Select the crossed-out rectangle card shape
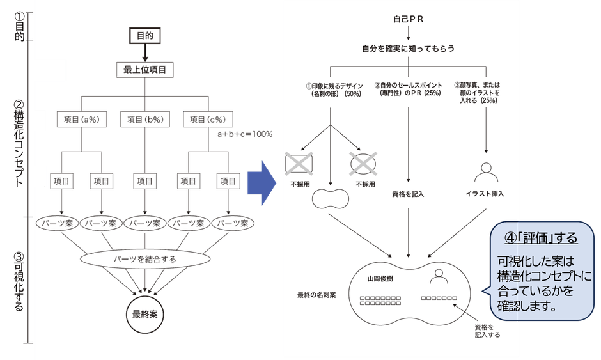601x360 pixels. pos(299,164)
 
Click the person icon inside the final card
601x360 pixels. pos(439,276)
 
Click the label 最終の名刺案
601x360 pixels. pos(317,295)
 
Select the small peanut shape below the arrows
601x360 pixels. pos(330,200)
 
